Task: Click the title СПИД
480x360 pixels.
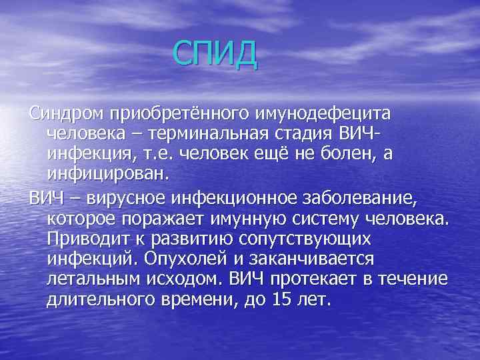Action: tap(213, 54)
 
